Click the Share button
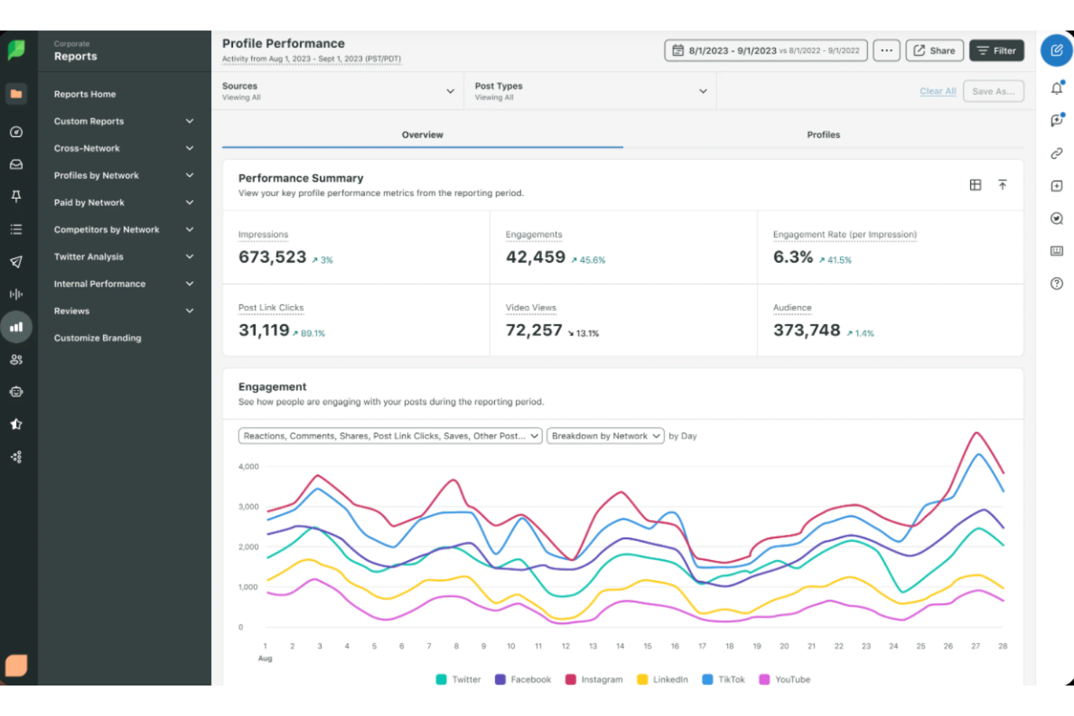tap(934, 51)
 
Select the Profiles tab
tap(823, 135)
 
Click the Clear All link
tap(937, 91)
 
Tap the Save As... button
tap(993, 91)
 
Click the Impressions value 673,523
tap(272, 258)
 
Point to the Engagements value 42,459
tap(535, 258)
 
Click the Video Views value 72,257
tap(533, 331)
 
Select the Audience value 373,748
tap(806, 331)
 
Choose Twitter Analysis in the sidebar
tap(89, 257)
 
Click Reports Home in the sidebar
tap(85, 94)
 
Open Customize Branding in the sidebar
tap(97, 338)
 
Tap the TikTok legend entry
tap(723, 680)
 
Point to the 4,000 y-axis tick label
tap(248, 466)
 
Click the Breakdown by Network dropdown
tap(604, 436)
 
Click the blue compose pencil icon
tap(1056, 50)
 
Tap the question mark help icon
tap(1057, 284)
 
